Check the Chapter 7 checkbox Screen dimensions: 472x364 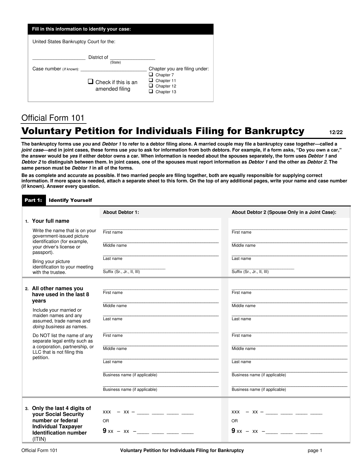tap(151, 75)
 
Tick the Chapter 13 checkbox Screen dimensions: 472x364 tap(151, 91)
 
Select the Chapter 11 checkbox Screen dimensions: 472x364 tap(151, 80)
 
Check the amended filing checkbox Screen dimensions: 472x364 tap(91, 81)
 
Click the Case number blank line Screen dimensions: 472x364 tap(113, 69)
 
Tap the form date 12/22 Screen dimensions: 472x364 tap(336, 132)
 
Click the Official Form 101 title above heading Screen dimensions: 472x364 tap(53, 118)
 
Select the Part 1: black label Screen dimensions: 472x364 tap(33, 200)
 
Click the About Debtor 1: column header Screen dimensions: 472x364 tap(121, 212)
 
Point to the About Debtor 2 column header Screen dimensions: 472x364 tap(284, 212)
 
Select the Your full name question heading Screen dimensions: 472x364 tap(51, 221)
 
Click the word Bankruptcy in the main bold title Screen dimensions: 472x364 tap(274, 131)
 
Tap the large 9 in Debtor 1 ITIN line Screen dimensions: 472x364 tap(105, 431)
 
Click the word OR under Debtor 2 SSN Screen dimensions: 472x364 tap(235, 421)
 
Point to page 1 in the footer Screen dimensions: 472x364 tap(315, 451)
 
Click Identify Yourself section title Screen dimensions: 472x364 tap(70, 200)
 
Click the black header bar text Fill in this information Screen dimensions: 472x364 tap(81, 29)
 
